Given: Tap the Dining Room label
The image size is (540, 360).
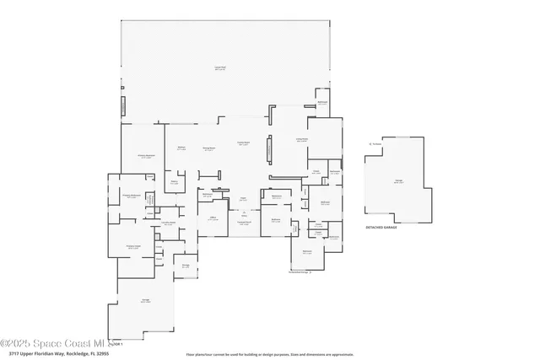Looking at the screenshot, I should [x=208, y=148].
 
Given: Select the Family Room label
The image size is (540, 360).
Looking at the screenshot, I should [x=244, y=143].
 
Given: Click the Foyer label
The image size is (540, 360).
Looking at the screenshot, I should [x=243, y=199].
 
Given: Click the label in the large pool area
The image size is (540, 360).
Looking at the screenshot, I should [x=219, y=67].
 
